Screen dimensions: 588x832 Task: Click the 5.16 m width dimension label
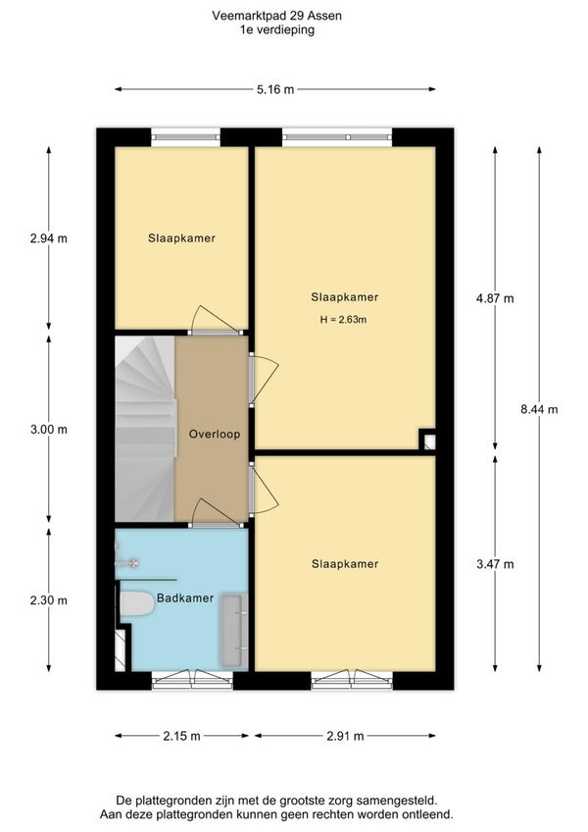point(275,89)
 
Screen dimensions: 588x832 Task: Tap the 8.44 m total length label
point(539,409)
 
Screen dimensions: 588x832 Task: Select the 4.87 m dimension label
point(495,298)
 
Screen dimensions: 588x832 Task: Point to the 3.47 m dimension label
point(495,564)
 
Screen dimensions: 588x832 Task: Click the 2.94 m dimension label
point(49,238)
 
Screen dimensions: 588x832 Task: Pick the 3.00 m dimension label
point(49,430)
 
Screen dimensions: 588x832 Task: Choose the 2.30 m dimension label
point(49,600)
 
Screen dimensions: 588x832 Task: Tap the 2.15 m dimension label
point(182,736)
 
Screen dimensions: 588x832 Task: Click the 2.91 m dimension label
point(345,736)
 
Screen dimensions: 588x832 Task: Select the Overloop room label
point(215,434)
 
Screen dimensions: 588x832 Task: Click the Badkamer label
point(185,598)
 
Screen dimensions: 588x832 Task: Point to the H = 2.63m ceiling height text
point(344,320)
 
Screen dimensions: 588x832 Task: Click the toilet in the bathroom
point(136,605)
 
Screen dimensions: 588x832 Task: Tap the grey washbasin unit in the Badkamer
point(234,630)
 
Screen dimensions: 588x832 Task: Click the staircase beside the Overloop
point(145,429)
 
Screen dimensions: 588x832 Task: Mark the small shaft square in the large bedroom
point(428,441)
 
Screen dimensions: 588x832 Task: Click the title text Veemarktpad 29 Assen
point(276,16)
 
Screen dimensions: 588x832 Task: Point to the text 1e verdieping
point(276,30)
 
